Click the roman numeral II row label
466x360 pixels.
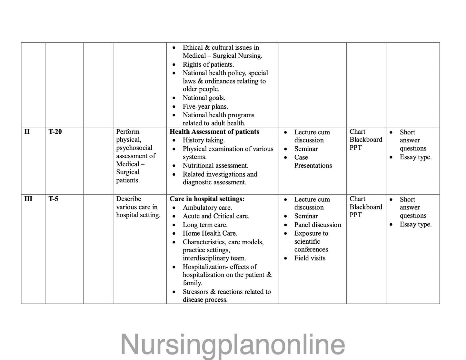[27, 132]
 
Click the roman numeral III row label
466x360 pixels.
[28, 199]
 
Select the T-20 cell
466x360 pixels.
[55, 132]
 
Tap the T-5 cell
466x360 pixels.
[54, 199]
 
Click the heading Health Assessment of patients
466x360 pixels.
[214, 132]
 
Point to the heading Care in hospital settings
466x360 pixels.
[207, 199]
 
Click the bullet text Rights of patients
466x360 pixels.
[208, 64]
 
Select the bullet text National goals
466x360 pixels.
[204, 98]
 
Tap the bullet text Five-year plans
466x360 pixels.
[205, 107]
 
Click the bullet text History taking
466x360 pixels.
[203, 140]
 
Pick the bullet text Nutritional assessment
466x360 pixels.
[215, 166]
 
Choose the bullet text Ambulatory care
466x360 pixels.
[207, 208]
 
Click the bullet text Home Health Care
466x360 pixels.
[210, 233]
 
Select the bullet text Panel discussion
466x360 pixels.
[317, 225]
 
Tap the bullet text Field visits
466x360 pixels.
[310, 258]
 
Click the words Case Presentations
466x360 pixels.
[312, 161]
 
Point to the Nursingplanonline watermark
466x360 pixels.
[233, 345]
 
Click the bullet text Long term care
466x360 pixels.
[205, 225]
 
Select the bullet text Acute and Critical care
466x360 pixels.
[216, 216]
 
